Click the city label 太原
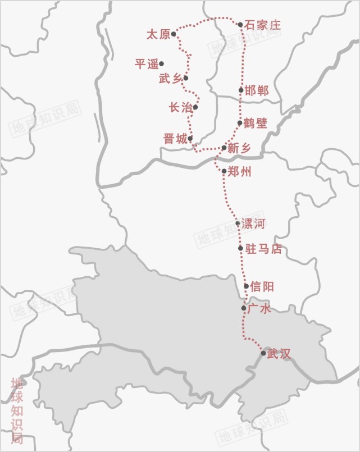point(158,35)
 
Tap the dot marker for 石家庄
point(240,25)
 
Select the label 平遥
point(147,64)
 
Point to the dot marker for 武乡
point(186,78)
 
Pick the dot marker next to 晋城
point(190,138)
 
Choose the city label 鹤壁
point(256,123)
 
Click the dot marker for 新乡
point(224,148)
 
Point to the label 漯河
point(253,224)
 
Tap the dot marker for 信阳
point(247,286)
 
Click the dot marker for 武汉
point(263,353)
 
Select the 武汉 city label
point(280,354)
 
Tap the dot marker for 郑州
point(224,171)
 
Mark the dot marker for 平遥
point(161,63)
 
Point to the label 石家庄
point(262,25)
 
